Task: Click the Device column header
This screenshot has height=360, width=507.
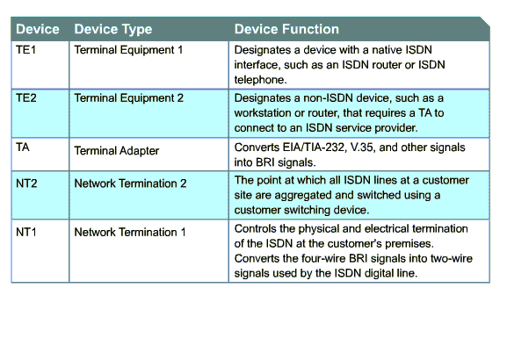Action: pyautogui.click(x=38, y=29)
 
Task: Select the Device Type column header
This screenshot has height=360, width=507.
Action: pyautogui.click(x=113, y=29)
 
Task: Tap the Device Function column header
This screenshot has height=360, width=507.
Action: pyautogui.click(x=286, y=29)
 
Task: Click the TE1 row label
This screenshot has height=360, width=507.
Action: pyautogui.click(x=25, y=50)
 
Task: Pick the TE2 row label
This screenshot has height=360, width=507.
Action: pyautogui.click(x=26, y=98)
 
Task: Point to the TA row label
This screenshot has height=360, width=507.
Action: pyautogui.click(x=23, y=148)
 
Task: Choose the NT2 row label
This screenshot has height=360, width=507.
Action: pyautogui.click(x=26, y=184)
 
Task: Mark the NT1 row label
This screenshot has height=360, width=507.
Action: pyautogui.click(x=26, y=232)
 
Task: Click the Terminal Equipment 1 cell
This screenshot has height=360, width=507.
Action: pyautogui.click(x=128, y=50)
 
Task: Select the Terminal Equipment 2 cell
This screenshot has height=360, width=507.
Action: pyautogui.click(x=128, y=98)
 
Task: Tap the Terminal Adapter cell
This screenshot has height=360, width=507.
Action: pyautogui.click(x=117, y=151)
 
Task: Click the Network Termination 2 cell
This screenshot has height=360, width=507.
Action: pyautogui.click(x=130, y=184)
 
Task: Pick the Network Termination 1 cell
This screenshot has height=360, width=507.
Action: pyautogui.click(x=130, y=232)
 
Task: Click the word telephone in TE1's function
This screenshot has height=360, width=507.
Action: pyautogui.click(x=260, y=80)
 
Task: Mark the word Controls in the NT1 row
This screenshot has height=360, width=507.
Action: pyautogui.click(x=256, y=229)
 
